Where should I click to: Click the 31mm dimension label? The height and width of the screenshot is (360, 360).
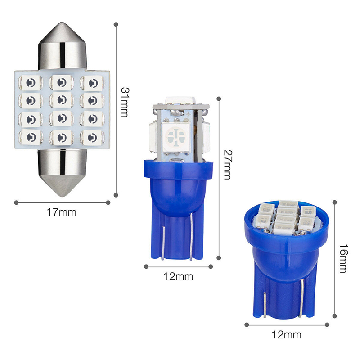(x=125, y=102)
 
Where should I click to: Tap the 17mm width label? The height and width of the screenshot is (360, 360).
(x=62, y=212)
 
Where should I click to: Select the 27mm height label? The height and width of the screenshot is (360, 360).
(x=228, y=165)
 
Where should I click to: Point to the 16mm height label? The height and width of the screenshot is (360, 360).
(x=343, y=258)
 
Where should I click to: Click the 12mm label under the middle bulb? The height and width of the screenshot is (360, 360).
(x=178, y=277)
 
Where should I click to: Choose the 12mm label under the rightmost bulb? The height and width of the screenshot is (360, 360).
(x=287, y=335)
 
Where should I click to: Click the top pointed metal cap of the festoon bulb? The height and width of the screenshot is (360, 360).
(x=62, y=45)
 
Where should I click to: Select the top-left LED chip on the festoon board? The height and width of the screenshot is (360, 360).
(x=31, y=83)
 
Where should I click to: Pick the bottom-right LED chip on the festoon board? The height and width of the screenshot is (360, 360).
(x=92, y=137)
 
